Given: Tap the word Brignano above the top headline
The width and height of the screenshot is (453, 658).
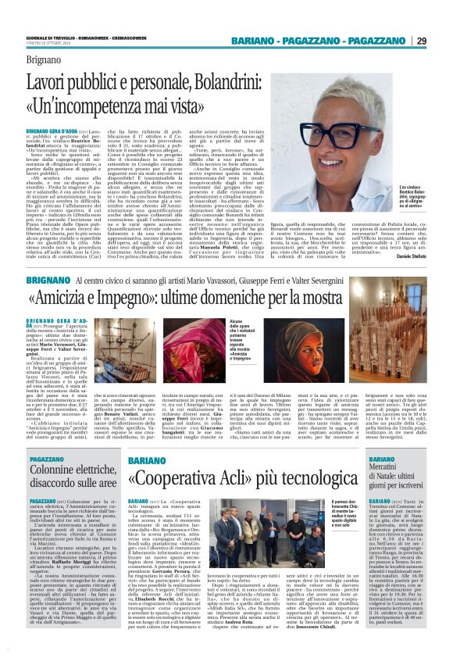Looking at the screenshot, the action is coord(46,58).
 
